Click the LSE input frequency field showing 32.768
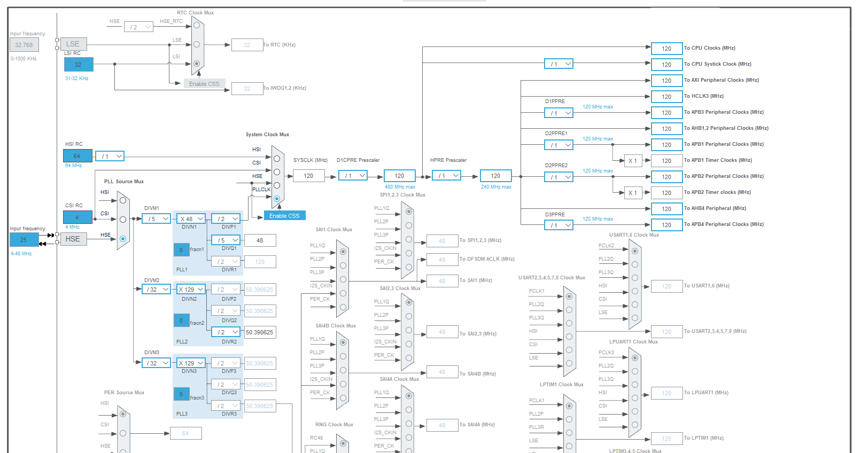[x=24, y=45]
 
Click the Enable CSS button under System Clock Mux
[x=284, y=216]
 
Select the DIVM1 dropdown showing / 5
[x=156, y=219]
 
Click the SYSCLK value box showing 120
[x=308, y=176]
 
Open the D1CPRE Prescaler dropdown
[x=353, y=176]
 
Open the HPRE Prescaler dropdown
[x=446, y=176]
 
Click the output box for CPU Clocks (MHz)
[x=666, y=49]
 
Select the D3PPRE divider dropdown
[x=559, y=225]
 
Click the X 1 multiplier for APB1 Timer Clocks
[x=633, y=161]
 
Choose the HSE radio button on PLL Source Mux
[x=123, y=239]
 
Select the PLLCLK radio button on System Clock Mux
[x=277, y=199]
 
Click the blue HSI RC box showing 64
[x=77, y=156]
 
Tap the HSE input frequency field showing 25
[x=24, y=240]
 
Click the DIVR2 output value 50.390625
[x=260, y=332]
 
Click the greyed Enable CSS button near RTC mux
[x=204, y=84]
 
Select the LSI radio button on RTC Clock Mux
[x=197, y=64]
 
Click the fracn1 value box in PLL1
[x=181, y=249]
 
